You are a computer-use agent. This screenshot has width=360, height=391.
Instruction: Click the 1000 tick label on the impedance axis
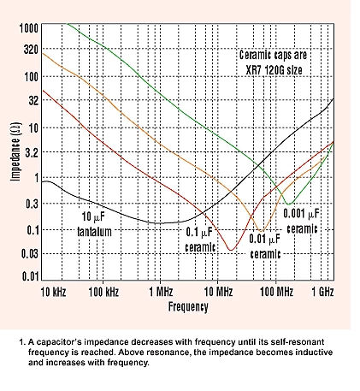[28, 28]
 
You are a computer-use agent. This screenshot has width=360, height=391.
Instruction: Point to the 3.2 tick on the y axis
[32, 153]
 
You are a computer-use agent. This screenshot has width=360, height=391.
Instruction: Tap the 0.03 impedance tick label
[30, 253]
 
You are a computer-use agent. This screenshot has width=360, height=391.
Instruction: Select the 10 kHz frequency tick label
[53, 292]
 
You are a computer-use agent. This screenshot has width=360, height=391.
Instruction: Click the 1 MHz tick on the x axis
[161, 292]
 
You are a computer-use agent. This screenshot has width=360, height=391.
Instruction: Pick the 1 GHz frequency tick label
[322, 292]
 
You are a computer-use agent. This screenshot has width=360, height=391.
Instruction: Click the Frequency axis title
[188, 307]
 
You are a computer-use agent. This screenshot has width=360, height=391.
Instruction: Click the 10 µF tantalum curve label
[94, 224]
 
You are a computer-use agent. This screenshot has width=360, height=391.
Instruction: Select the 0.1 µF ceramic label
[200, 240]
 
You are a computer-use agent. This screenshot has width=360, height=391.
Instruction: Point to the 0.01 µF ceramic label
[265, 246]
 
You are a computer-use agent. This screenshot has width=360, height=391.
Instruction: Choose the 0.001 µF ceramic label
[302, 221]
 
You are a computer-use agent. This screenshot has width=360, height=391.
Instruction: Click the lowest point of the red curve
[231, 250]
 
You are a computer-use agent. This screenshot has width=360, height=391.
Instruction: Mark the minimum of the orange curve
[261, 230]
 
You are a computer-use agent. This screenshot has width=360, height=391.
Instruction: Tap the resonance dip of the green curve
[289, 204]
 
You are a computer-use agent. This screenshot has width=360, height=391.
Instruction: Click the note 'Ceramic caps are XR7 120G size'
[274, 62]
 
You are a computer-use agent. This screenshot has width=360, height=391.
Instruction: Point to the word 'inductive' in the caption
[314, 352]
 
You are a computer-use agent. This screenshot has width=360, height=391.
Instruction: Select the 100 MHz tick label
[276, 292]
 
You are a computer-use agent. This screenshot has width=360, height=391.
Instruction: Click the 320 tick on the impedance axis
[31, 50]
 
